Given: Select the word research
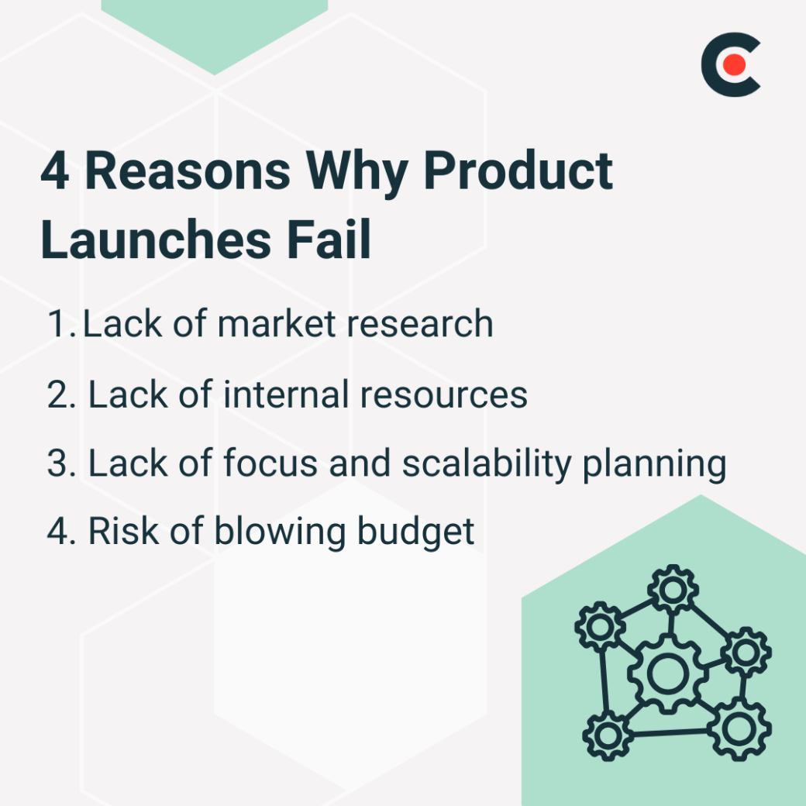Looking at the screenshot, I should pos(419,324).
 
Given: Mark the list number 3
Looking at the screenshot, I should pos(58,463).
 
